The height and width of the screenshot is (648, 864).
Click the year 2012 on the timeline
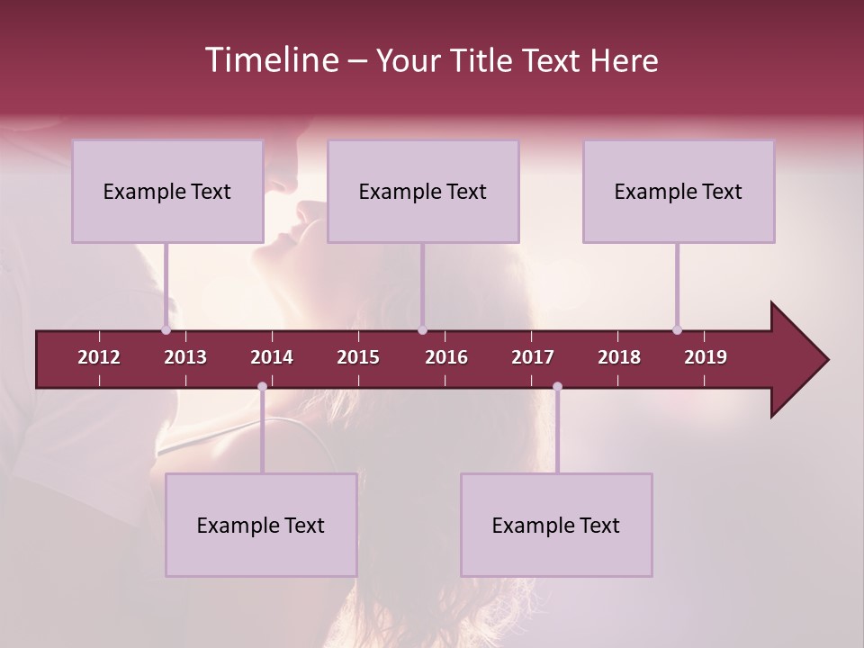tap(99, 357)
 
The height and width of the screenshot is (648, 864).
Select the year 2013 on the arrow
tap(185, 357)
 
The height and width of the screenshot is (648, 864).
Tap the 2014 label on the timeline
tap(272, 357)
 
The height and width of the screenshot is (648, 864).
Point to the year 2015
tap(358, 357)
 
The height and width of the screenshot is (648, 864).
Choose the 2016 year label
tap(446, 357)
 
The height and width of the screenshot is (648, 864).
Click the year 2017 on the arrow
tap(533, 357)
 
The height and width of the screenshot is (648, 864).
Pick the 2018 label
tap(619, 357)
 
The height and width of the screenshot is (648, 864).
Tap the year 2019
tap(706, 357)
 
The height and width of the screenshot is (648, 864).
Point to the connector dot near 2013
tap(166, 330)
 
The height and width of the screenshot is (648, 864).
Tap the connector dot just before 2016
tap(422, 330)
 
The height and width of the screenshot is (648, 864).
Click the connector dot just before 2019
tap(677, 330)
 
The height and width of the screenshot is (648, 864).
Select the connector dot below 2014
tap(262, 387)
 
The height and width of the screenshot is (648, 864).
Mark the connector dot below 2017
tap(557, 387)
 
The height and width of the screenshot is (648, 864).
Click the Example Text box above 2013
tap(167, 191)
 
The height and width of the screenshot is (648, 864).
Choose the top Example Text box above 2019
tap(679, 191)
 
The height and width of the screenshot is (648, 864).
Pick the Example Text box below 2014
tap(261, 525)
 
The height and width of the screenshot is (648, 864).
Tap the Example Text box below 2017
tap(556, 525)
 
